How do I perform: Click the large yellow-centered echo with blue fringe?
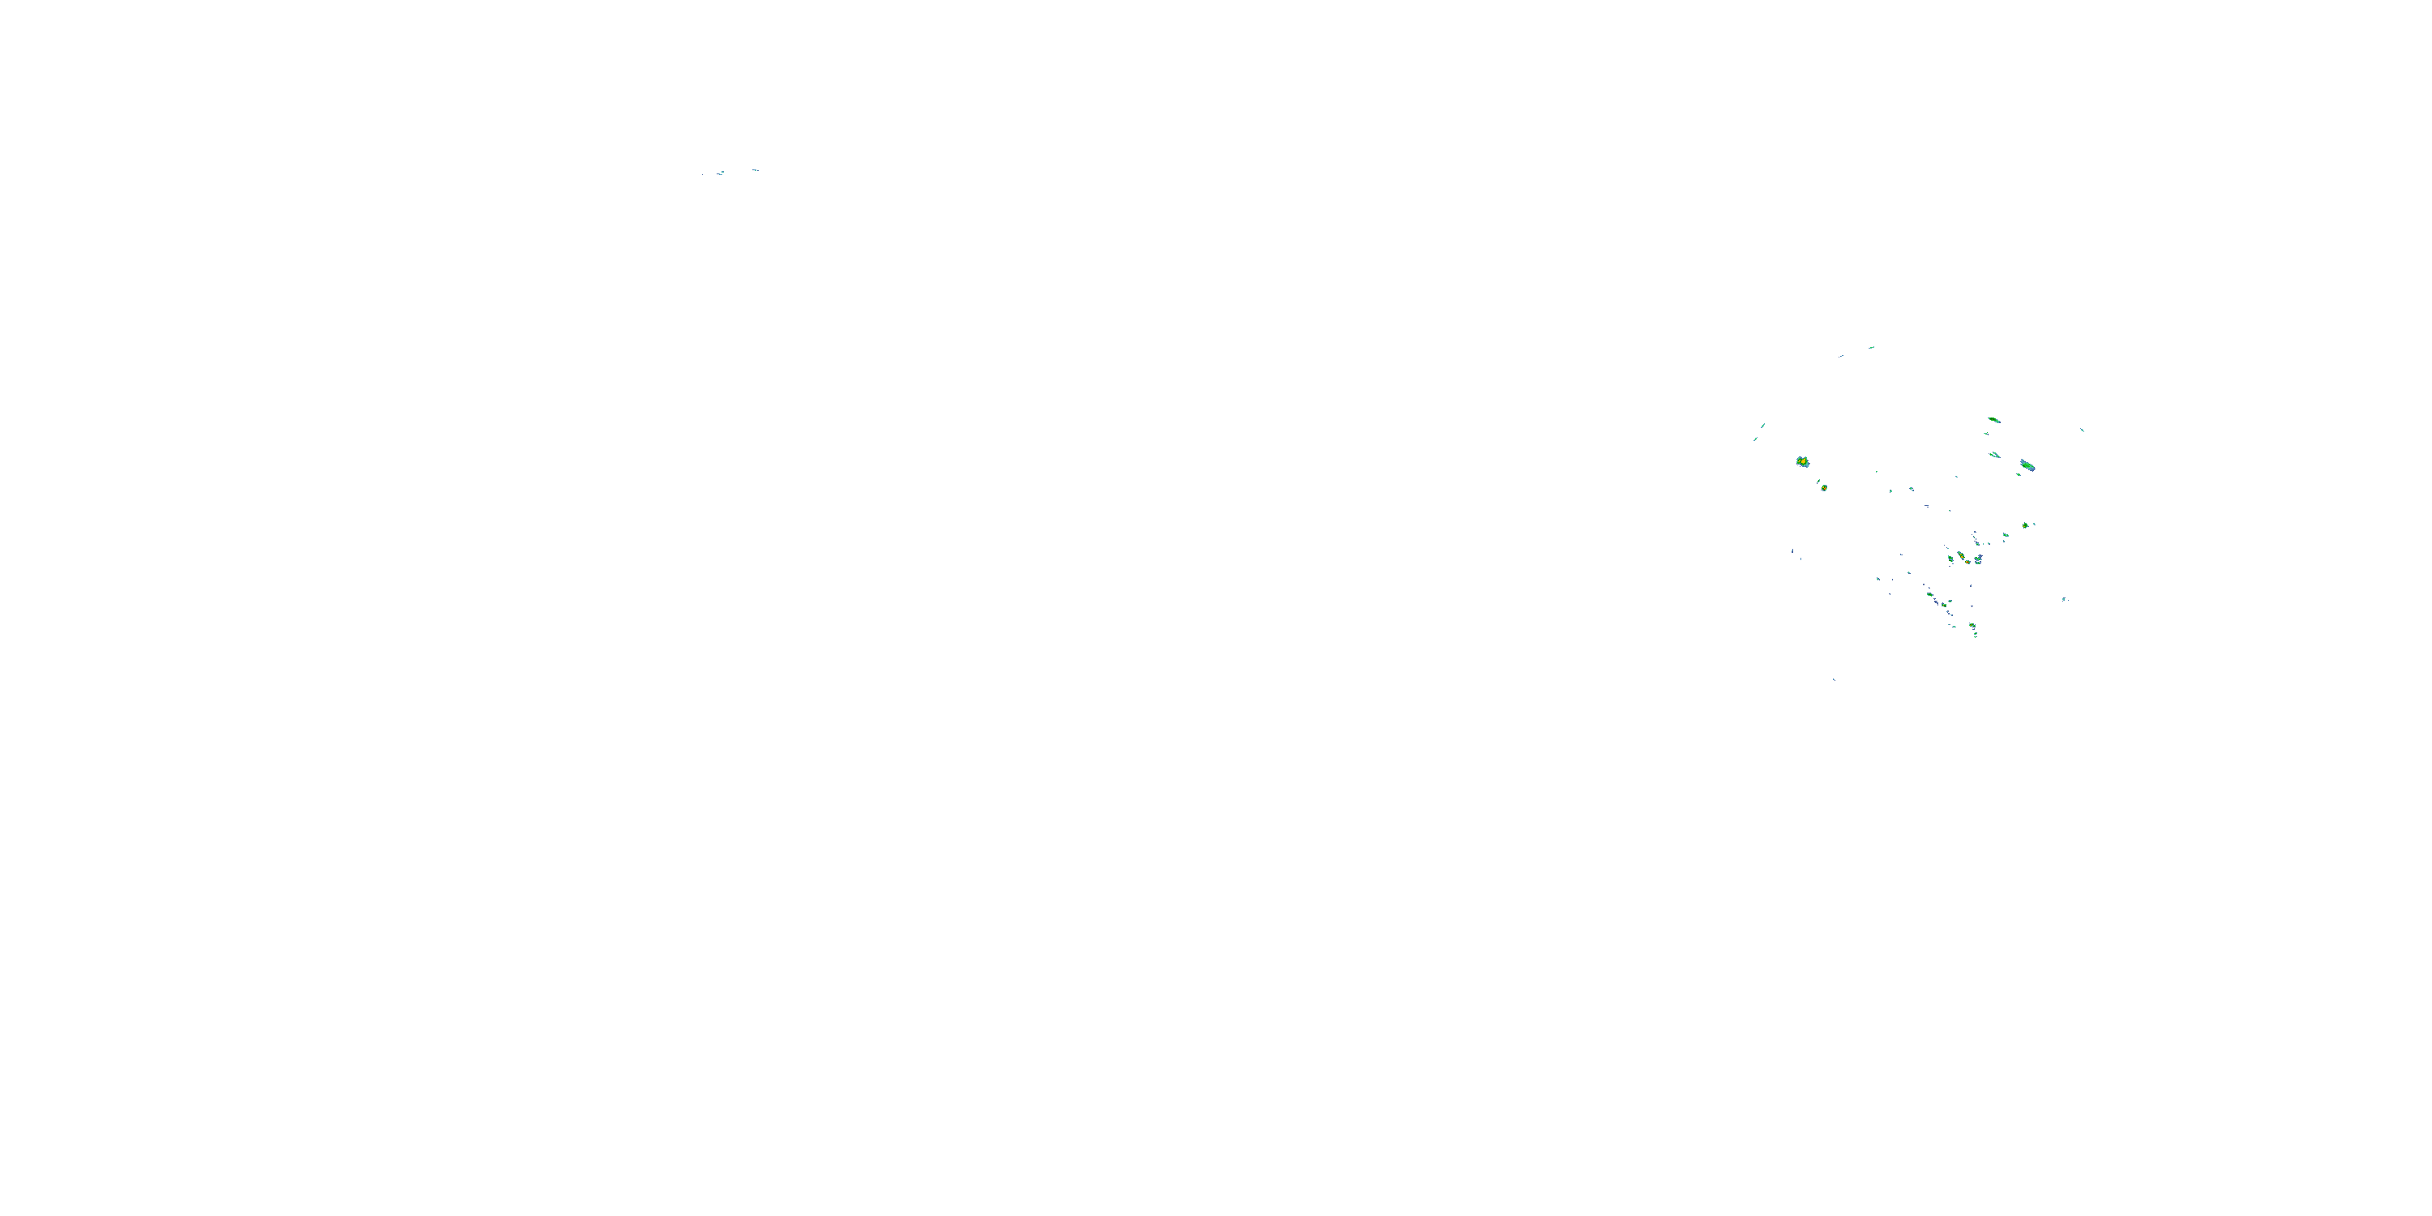(1801, 461)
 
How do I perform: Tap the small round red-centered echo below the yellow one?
(1824, 488)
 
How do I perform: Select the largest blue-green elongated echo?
(2027, 465)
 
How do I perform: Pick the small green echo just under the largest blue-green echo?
(2019, 474)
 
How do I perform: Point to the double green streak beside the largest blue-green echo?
(1995, 455)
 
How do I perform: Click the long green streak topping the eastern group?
(1993, 419)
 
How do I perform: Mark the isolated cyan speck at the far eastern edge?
(2082, 430)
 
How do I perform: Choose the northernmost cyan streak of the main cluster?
(1871, 348)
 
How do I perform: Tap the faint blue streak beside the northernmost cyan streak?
(1840, 356)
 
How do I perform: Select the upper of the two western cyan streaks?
(1762, 426)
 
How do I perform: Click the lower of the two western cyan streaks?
(1757, 439)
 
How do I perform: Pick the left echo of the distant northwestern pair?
(721, 173)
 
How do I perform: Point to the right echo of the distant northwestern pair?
(756, 170)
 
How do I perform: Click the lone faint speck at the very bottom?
(1834, 679)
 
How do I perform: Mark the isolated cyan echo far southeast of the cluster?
(2064, 598)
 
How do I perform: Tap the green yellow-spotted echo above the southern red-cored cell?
(1961, 555)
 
